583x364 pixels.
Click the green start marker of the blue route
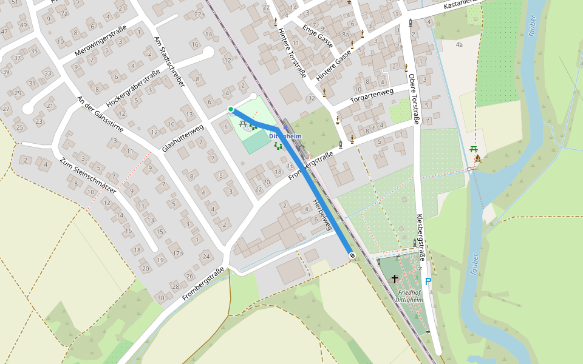[x=231, y=109]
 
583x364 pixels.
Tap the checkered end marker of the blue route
[x=352, y=255]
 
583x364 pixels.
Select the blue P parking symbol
[x=428, y=281]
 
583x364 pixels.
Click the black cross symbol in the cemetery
[x=395, y=279]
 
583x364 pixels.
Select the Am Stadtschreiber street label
[x=169, y=61]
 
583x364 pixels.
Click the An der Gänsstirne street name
[x=101, y=114]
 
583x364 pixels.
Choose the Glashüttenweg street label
[x=182, y=138]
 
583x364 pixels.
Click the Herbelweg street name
[x=322, y=214]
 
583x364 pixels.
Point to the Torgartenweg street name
[x=372, y=96]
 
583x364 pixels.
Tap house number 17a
[x=177, y=253]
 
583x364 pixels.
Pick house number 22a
[x=199, y=13]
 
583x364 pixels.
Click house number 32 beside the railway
[x=312, y=98]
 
